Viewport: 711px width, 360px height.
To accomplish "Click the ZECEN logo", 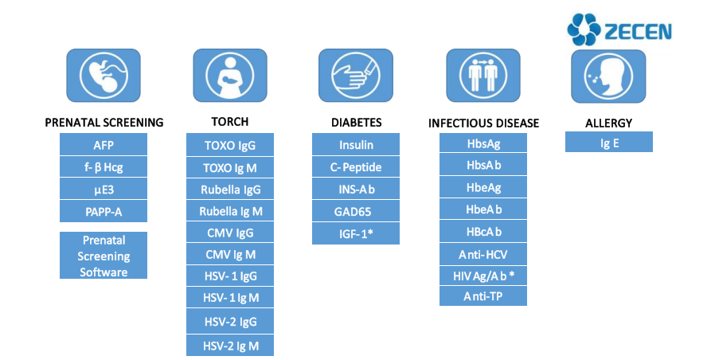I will [x=619, y=30].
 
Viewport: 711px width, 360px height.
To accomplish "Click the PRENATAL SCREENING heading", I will [x=104, y=123].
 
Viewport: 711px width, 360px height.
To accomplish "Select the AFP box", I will [x=104, y=145].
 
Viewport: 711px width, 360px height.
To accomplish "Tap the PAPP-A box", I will [x=104, y=212].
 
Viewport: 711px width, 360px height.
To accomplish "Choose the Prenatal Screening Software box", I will [x=104, y=256].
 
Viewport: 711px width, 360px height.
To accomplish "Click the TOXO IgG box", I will [x=230, y=146].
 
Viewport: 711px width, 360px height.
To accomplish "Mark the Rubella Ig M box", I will [x=230, y=212].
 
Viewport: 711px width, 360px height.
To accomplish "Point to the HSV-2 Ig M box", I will [x=230, y=346].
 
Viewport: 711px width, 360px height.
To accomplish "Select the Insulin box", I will [x=356, y=145].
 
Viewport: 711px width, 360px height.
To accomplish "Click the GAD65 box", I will [x=356, y=212].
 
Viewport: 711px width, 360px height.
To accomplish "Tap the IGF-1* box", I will [x=356, y=234].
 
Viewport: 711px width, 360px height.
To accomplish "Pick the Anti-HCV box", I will [x=482, y=256].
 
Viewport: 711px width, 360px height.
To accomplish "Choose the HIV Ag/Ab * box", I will [x=482, y=276].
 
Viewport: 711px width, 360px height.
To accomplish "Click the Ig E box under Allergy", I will [x=609, y=143].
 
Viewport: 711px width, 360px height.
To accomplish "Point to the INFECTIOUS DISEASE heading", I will [x=483, y=123].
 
